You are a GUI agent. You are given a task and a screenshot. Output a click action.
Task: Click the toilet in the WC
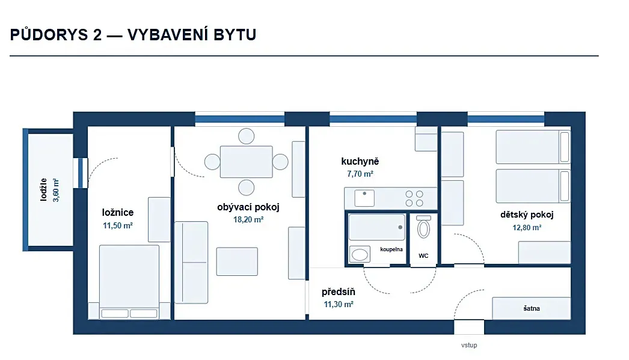tap(423, 227)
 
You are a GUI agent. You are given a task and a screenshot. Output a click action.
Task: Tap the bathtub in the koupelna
tap(376, 227)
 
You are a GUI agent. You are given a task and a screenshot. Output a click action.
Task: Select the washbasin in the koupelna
tap(360, 254)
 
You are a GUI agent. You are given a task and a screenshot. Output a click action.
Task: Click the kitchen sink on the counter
tap(364, 198)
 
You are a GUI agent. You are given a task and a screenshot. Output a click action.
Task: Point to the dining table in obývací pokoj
tap(247, 162)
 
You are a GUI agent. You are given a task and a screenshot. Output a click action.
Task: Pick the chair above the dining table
tap(247, 136)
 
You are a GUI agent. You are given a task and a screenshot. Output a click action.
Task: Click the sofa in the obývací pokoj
tap(191, 263)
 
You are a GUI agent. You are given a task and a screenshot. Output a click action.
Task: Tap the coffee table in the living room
tap(237, 261)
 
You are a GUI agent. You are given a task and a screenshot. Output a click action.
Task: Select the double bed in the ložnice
tap(129, 282)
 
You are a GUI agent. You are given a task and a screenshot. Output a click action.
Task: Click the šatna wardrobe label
tap(532, 308)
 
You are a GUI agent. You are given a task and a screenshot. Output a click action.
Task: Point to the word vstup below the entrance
tap(469, 345)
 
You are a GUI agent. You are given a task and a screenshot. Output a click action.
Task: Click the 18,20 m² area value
tap(248, 220)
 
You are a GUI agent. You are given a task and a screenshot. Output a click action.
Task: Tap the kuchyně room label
tap(360, 161)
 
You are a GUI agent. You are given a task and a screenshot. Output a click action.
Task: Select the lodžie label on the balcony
tap(44, 189)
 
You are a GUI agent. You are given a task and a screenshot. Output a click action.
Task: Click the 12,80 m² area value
tap(527, 228)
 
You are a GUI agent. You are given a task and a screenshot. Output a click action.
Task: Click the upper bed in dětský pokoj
tap(533, 147)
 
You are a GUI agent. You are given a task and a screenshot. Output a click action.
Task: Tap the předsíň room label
tap(338, 292)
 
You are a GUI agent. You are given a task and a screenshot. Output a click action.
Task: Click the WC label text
tap(423, 256)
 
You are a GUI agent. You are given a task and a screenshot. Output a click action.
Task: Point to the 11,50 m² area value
tap(117, 226)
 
